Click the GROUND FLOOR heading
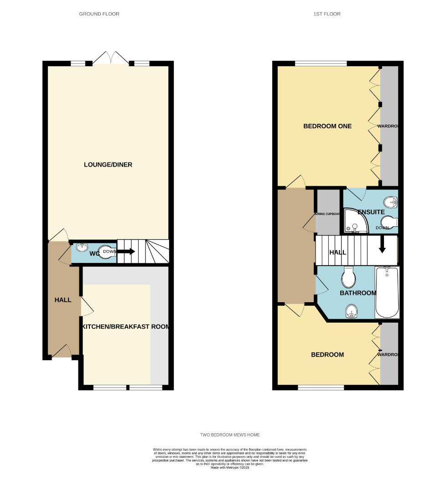coord(99,14)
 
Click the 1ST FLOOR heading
coord(327,14)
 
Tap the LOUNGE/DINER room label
coord(108,164)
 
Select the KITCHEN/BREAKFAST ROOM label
coord(125,327)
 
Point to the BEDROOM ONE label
coord(327,126)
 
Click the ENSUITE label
coord(371,212)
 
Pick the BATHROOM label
coord(358,293)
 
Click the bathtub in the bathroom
coord(387,292)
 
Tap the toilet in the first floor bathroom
coord(348,277)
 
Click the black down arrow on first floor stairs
coord(382,244)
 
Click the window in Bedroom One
coord(321,63)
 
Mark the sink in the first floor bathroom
coord(351,311)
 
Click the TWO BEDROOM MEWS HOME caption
coord(230,435)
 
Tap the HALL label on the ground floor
coord(63,300)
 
